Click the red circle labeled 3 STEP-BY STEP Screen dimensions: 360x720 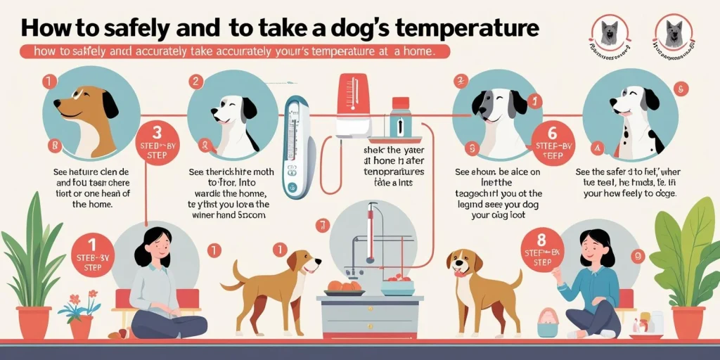pos(157,143)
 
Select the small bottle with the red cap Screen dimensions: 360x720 pos(400,117)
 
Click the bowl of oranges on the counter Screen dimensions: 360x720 pos(344,288)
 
